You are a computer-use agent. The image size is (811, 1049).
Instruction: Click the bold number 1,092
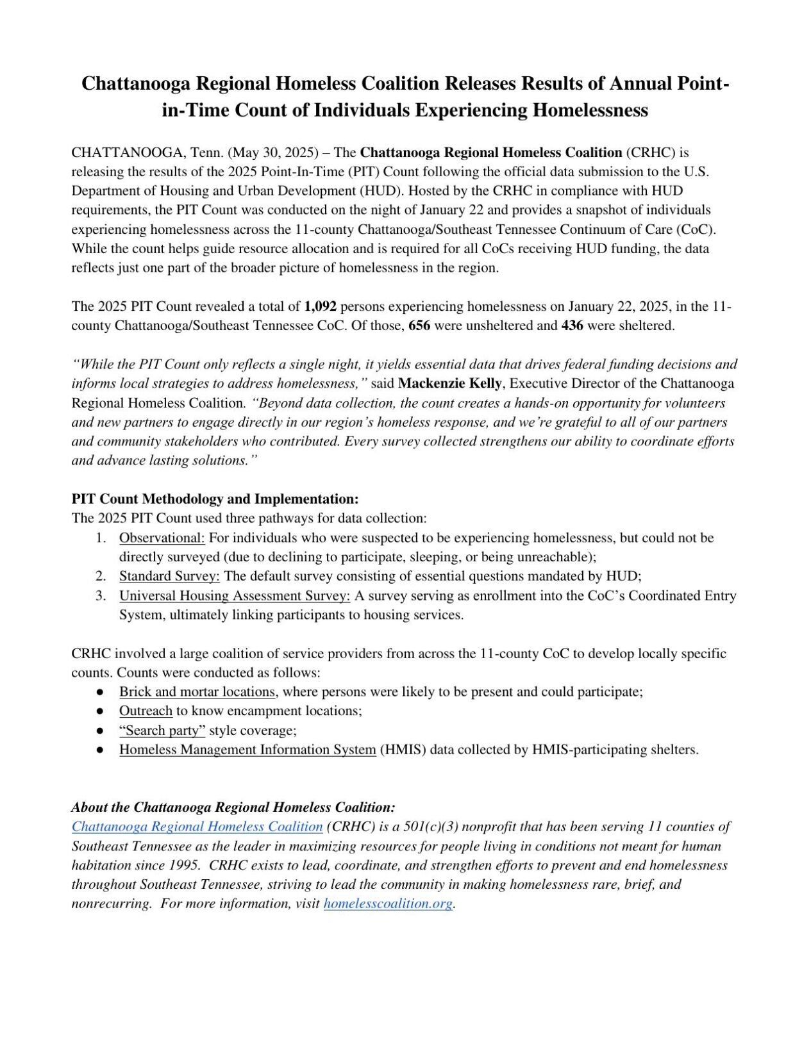coord(321,306)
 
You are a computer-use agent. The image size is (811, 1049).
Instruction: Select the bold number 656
coord(419,326)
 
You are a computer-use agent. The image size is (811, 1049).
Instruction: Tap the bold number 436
coord(573,326)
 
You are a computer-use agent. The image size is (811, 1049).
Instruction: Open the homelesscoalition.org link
coord(388,904)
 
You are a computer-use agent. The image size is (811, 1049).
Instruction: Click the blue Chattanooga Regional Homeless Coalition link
coord(197,827)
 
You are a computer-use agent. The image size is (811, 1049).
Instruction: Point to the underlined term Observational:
coord(162,538)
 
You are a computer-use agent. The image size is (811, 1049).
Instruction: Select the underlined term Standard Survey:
coord(169,576)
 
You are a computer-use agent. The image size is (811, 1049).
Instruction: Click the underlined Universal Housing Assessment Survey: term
coord(235,595)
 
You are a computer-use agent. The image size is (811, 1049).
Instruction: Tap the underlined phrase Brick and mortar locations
coord(197,692)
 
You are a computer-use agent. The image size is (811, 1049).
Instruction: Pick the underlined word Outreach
coord(146,711)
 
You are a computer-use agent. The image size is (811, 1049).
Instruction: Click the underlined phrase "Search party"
coord(162,731)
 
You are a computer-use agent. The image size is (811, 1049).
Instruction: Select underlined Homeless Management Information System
coord(247,750)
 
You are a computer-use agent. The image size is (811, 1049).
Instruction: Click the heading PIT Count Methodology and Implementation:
coord(215,499)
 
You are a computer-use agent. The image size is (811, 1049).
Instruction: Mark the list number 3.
coord(101,595)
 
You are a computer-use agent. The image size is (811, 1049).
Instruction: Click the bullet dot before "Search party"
coord(100,731)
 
